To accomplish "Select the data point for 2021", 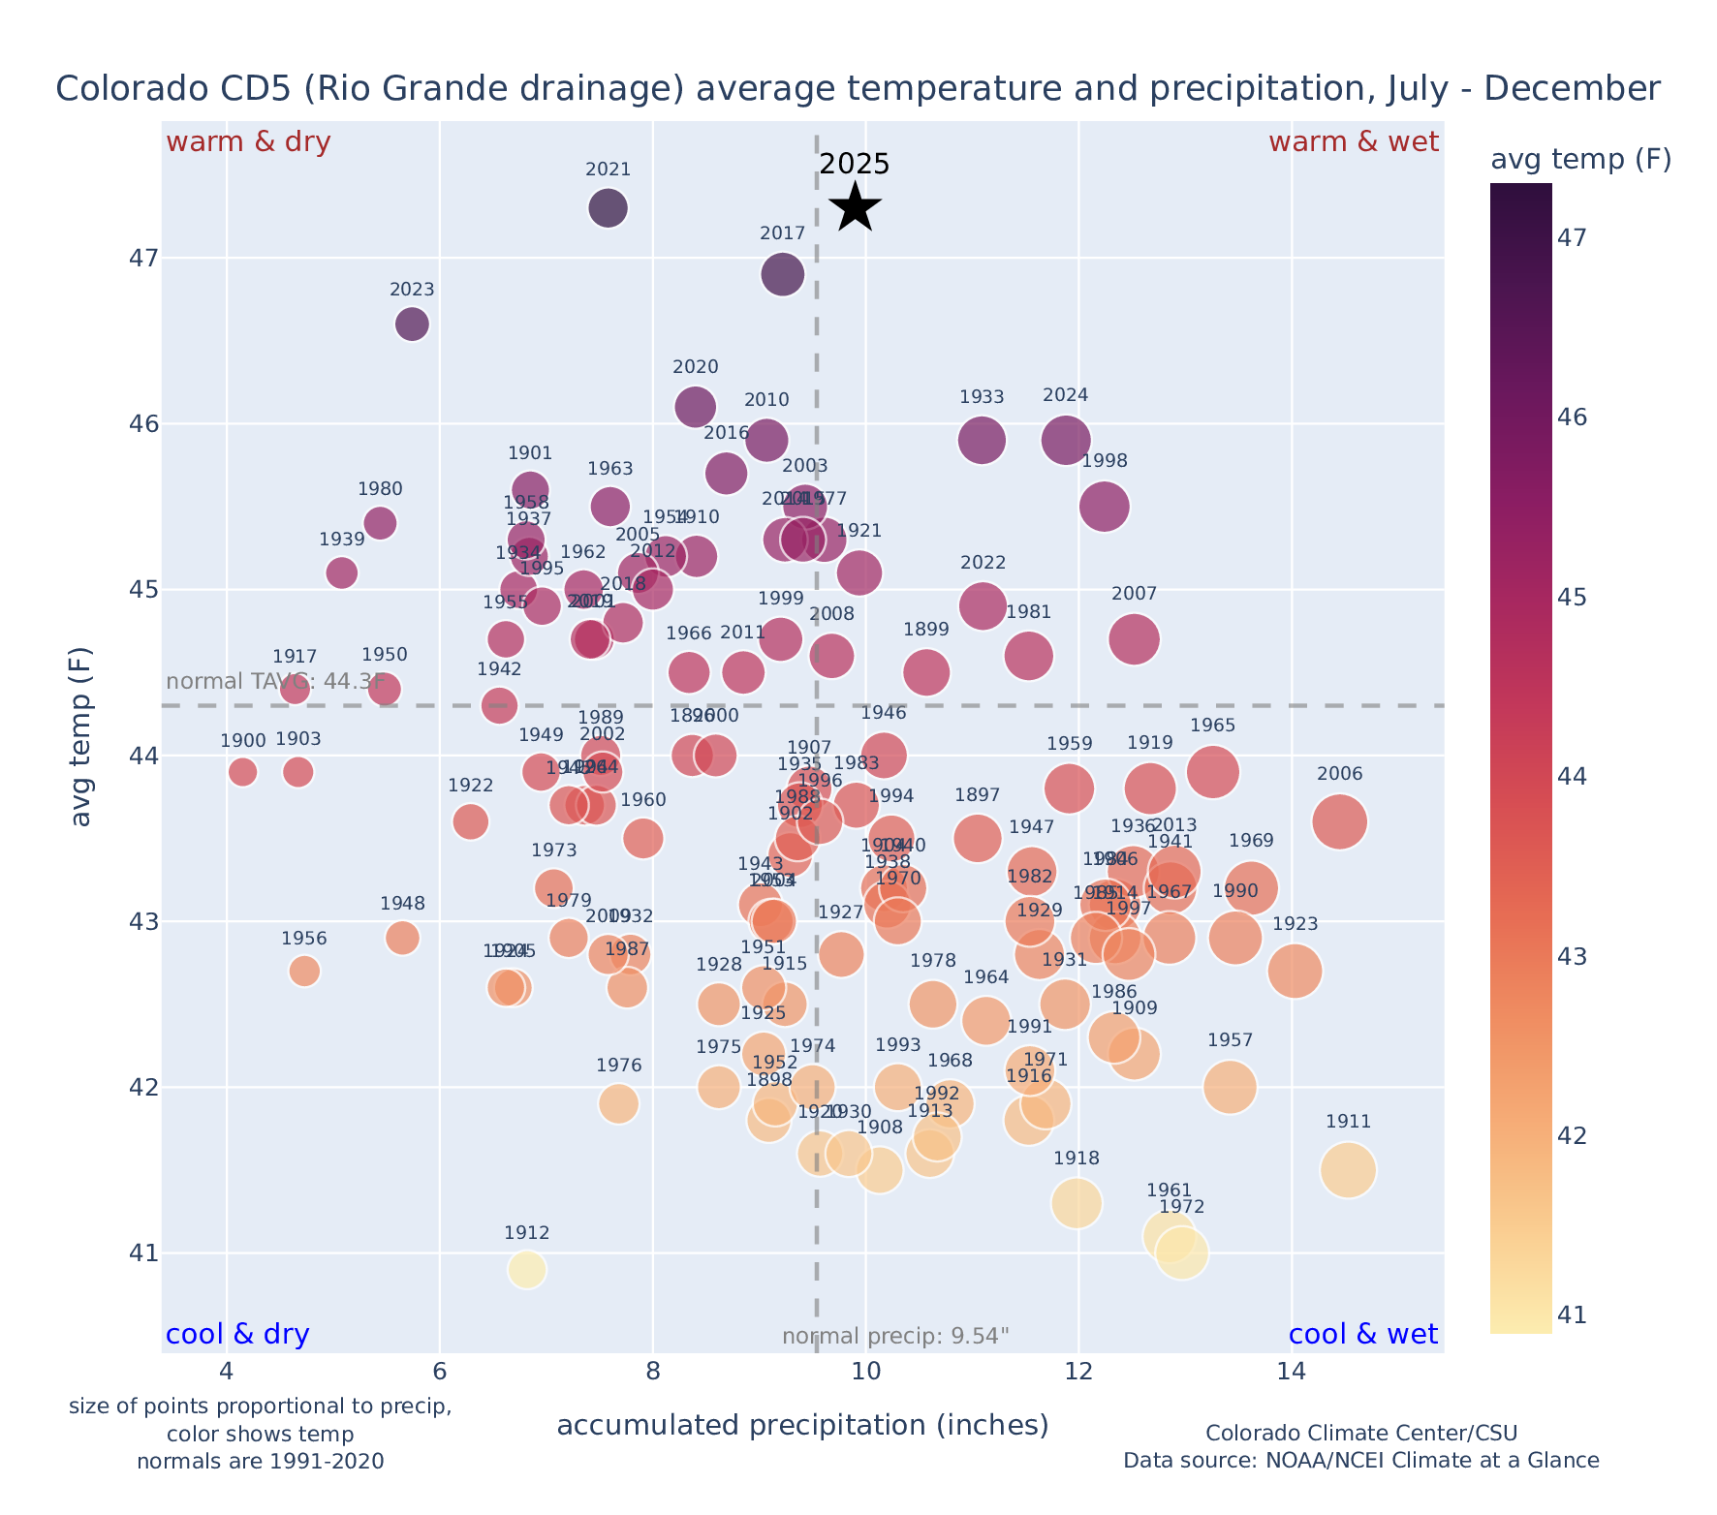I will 609,208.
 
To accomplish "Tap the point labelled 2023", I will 412,324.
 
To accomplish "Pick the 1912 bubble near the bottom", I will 527,1269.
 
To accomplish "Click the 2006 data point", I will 1340,821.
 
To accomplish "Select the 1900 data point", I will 243,772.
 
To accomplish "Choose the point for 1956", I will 304,971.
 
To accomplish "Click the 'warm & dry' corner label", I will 248,142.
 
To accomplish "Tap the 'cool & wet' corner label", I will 1363,1335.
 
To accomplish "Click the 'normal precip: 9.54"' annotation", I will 895,1337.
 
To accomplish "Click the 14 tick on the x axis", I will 1290,1373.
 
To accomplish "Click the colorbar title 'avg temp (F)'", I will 1580,160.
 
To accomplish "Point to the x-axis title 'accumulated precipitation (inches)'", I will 802,1425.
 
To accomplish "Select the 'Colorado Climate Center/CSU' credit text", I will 1361,1433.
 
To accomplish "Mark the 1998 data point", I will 1105,507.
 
